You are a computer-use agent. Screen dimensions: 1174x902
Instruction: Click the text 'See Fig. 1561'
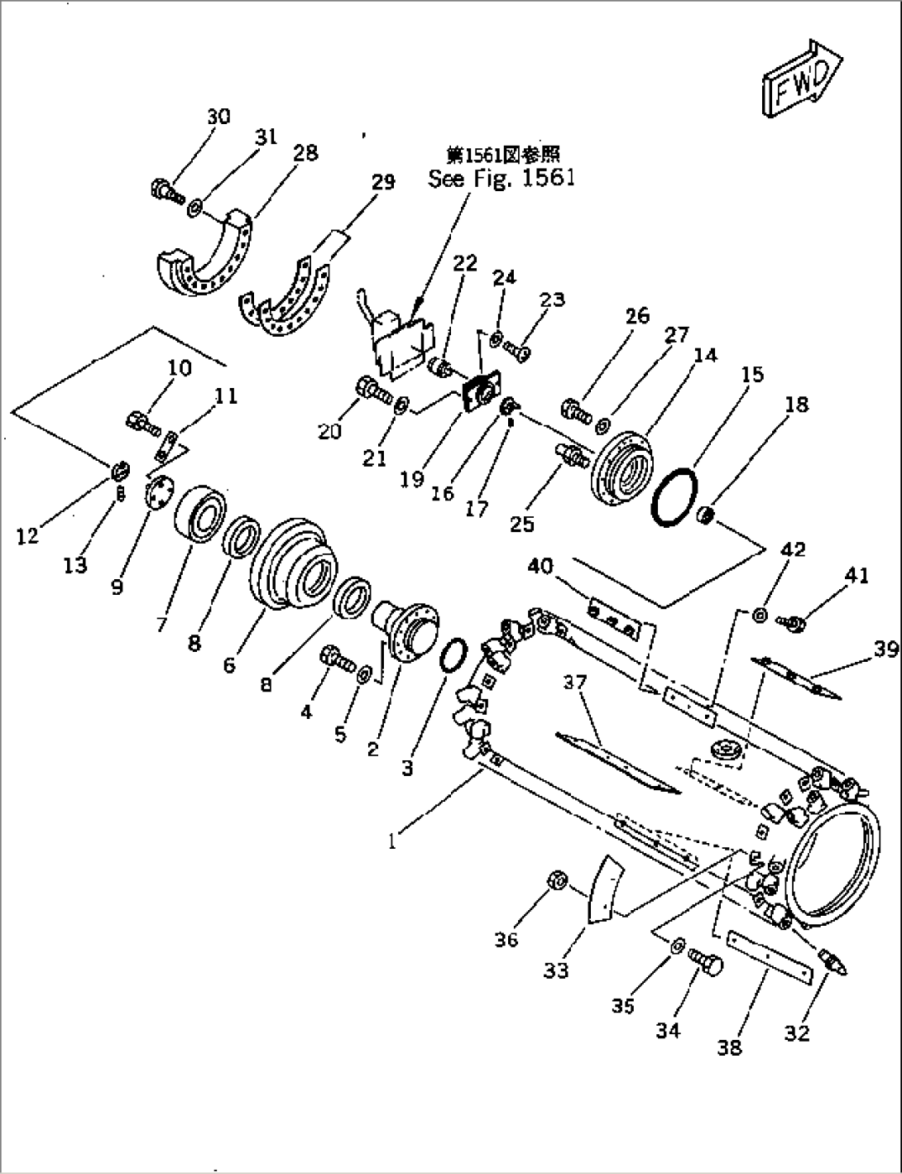click(501, 178)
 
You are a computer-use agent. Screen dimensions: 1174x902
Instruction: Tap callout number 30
click(218, 117)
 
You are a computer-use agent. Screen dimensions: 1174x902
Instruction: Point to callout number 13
click(75, 566)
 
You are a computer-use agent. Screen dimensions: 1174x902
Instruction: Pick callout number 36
click(506, 939)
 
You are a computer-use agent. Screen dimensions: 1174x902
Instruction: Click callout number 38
click(731, 1047)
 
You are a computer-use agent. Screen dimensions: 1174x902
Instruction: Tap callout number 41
click(856, 574)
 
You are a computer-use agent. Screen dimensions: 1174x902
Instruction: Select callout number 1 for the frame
click(394, 841)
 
